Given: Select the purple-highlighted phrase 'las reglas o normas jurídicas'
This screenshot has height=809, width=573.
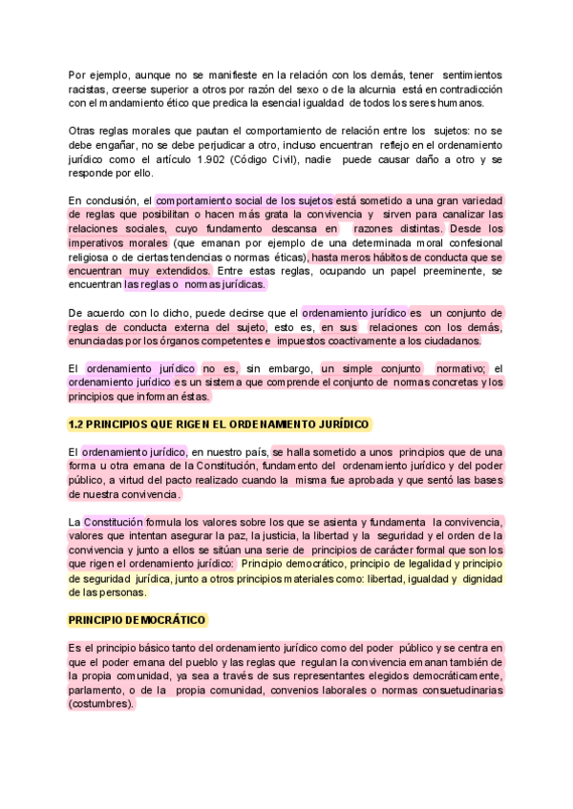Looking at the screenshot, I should pyautogui.click(x=195, y=284).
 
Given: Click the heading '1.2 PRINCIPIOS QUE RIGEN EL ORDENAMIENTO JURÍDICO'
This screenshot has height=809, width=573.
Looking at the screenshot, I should pyautogui.click(x=220, y=424).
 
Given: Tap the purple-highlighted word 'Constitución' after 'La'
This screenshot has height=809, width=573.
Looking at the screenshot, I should pyautogui.click(x=114, y=522).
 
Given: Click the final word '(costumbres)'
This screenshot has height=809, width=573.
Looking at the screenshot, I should pyautogui.click(x=102, y=704).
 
